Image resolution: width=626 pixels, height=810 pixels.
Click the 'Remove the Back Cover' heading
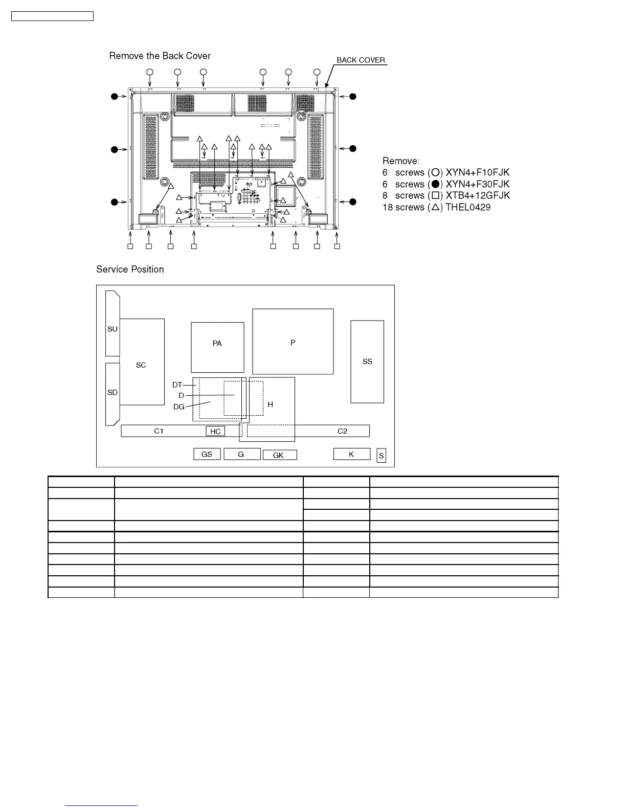tap(160, 56)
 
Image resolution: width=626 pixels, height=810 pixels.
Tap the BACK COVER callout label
tap(361, 60)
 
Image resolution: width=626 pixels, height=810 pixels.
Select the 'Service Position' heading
tap(130, 269)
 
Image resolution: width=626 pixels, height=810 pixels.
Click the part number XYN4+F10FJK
tap(477, 173)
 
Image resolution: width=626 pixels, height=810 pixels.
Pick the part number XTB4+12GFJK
tap(478, 196)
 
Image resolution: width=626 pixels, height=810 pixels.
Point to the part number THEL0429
tap(468, 207)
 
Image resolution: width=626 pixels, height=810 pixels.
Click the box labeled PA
tap(217, 344)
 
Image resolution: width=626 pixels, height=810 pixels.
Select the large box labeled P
tap(293, 342)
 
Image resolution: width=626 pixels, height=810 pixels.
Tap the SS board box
tap(367, 362)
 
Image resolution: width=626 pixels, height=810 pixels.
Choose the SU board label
tap(113, 329)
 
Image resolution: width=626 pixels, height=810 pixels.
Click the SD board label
tap(113, 393)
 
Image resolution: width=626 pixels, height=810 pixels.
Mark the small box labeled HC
tap(215, 431)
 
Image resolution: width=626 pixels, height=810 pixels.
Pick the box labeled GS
tap(207, 454)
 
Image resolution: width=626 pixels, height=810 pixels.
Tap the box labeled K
tap(351, 454)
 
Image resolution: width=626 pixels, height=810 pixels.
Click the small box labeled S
tap(382, 456)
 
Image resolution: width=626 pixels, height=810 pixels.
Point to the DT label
tap(177, 385)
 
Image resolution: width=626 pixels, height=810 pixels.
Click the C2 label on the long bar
tap(342, 431)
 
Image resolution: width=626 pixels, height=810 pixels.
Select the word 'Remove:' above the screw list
tap(400, 161)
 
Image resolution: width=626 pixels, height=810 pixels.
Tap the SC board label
tap(141, 365)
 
